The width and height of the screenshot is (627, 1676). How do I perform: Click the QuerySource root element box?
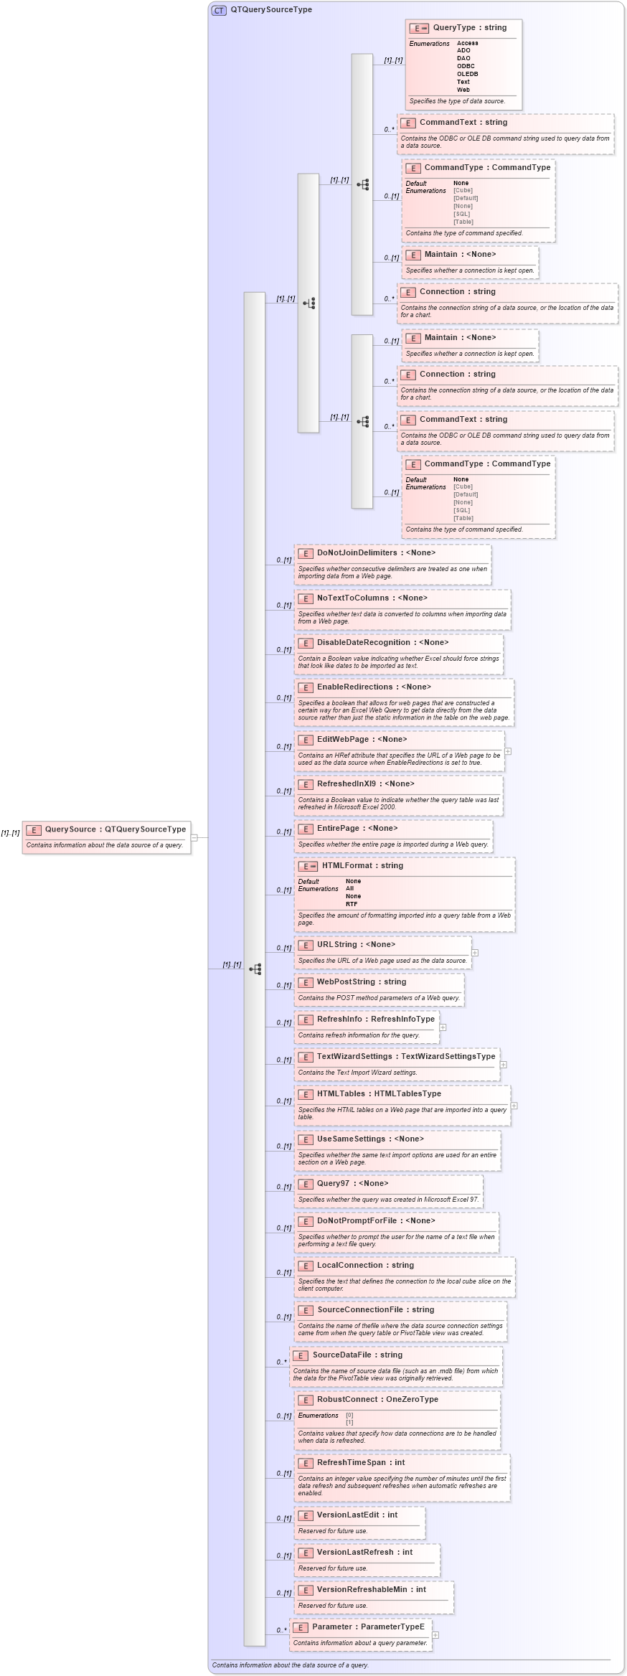[x=106, y=829]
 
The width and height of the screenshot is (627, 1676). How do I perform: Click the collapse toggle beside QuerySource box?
[x=194, y=837]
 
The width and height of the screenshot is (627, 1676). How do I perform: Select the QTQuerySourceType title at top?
[x=270, y=10]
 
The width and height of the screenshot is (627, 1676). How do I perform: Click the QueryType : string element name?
[x=469, y=28]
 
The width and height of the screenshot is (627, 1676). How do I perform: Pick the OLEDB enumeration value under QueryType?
[x=467, y=74]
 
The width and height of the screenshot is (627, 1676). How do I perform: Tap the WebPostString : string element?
[x=362, y=981]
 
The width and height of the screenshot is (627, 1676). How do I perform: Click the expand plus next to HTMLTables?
[x=514, y=1106]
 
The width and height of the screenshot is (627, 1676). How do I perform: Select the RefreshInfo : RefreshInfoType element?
[x=375, y=1019]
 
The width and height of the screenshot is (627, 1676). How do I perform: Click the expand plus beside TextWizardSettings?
[x=503, y=1064]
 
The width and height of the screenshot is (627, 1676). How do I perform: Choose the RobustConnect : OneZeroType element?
[x=377, y=1399]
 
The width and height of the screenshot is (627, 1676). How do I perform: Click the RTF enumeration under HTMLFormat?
[x=352, y=904]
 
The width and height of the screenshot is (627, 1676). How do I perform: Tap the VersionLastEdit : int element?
[x=357, y=1515]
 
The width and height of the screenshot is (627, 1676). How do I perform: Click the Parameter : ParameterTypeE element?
[x=368, y=1626]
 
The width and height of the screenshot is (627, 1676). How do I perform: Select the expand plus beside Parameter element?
[x=435, y=1635]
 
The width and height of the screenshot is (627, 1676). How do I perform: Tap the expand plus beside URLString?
[x=475, y=952]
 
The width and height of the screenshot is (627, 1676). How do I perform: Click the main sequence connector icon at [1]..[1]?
[x=255, y=969]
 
